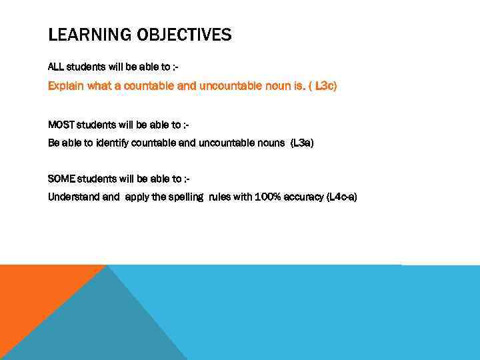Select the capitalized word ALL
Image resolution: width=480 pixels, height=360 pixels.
(x=56, y=67)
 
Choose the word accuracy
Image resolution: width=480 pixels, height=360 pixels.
(x=303, y=197)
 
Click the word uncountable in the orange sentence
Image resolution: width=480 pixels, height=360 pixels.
(x=227, y=87)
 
